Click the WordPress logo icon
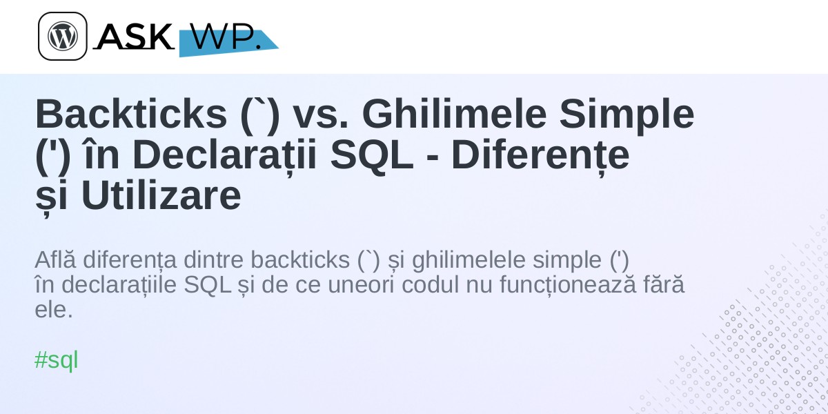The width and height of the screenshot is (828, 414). click(x=63, y=36)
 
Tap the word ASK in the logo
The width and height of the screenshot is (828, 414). click(x=134, y=36)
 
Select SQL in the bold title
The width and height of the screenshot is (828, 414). click(x=371, y=155)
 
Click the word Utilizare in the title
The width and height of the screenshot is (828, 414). click(x=161, y=195)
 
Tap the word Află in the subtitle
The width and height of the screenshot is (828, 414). click(x=55, y=259)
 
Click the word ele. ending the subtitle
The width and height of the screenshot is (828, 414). click(x=54, y=309)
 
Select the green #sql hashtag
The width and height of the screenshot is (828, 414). click(x=56, y=359)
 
